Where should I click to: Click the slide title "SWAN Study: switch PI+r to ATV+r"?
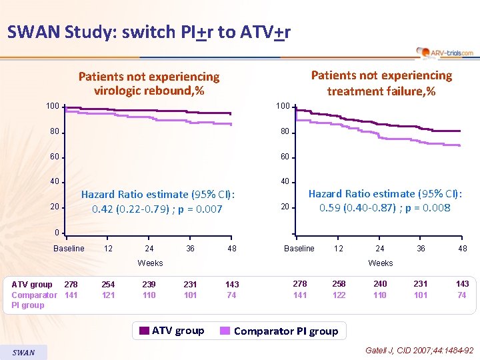tap(149, 32)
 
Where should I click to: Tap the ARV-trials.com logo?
tap(445, 53)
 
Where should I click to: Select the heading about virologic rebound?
tap(149, 83)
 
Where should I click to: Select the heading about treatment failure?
tap(381, 83)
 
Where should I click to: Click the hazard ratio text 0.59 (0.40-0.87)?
tap(385, 208)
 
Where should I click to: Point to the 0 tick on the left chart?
tap(58, 233)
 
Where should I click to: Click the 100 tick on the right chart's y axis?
tap(283, 107)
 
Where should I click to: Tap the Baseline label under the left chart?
tap(69, 249)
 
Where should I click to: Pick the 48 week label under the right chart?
tap(463, 249)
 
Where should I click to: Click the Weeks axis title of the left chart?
tap(150, 263)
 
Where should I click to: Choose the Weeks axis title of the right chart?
tap(381, 263)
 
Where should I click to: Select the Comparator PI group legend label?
tap(286, 331)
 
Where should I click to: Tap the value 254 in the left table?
tap(108, 284)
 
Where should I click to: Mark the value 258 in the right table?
tap(339, 284)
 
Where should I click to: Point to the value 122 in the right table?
tap(339, 295)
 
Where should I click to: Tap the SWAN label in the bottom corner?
tap(23, 352)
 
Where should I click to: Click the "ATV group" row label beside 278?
tap(32, 284)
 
